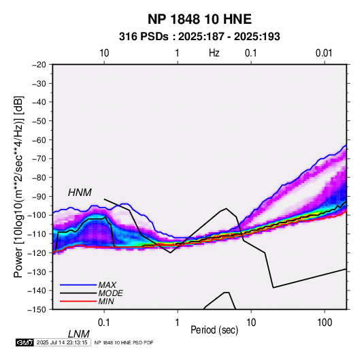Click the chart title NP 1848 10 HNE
pos(199,19)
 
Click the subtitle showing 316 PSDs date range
pos(199,37)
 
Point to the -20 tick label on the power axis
pos(39,65)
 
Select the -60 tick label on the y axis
pos(39,140)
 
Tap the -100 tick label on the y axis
pos(37,215)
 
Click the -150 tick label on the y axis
pos(37,310)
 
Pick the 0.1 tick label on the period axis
pos(104,323)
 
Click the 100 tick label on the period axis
pos(325,323)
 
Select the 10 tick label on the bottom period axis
pos(251,323)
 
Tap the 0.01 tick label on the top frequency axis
pos(324,53)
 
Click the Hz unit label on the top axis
pos(214,53)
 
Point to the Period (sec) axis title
pos(214,330)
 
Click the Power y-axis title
pos(19,187)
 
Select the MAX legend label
pos(107,284)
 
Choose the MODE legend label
pos(110,293)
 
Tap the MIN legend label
pos(106,301)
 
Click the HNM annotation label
pos(80,193)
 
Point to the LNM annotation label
pos(78,334)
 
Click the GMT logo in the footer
pos(24,342)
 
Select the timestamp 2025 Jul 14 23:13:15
pos(62,342)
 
